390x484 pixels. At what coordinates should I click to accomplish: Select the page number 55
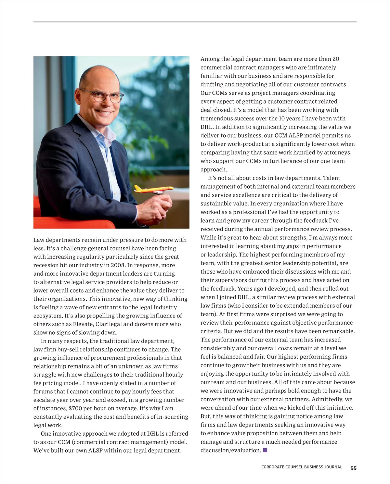pos(353,468)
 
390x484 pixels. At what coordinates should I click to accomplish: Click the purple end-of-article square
pos(265,450)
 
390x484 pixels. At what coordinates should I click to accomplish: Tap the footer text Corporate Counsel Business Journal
pos(302,467)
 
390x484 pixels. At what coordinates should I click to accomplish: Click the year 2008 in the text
pos(118,265)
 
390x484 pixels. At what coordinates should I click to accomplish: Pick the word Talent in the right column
pos(331,178)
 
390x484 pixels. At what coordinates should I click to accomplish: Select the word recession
pos(46,265)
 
